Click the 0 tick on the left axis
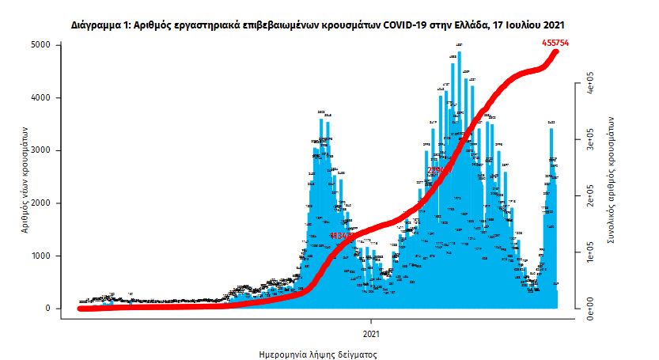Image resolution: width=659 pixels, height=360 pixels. point(47,309)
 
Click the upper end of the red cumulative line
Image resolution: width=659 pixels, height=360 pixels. point(557,51)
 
